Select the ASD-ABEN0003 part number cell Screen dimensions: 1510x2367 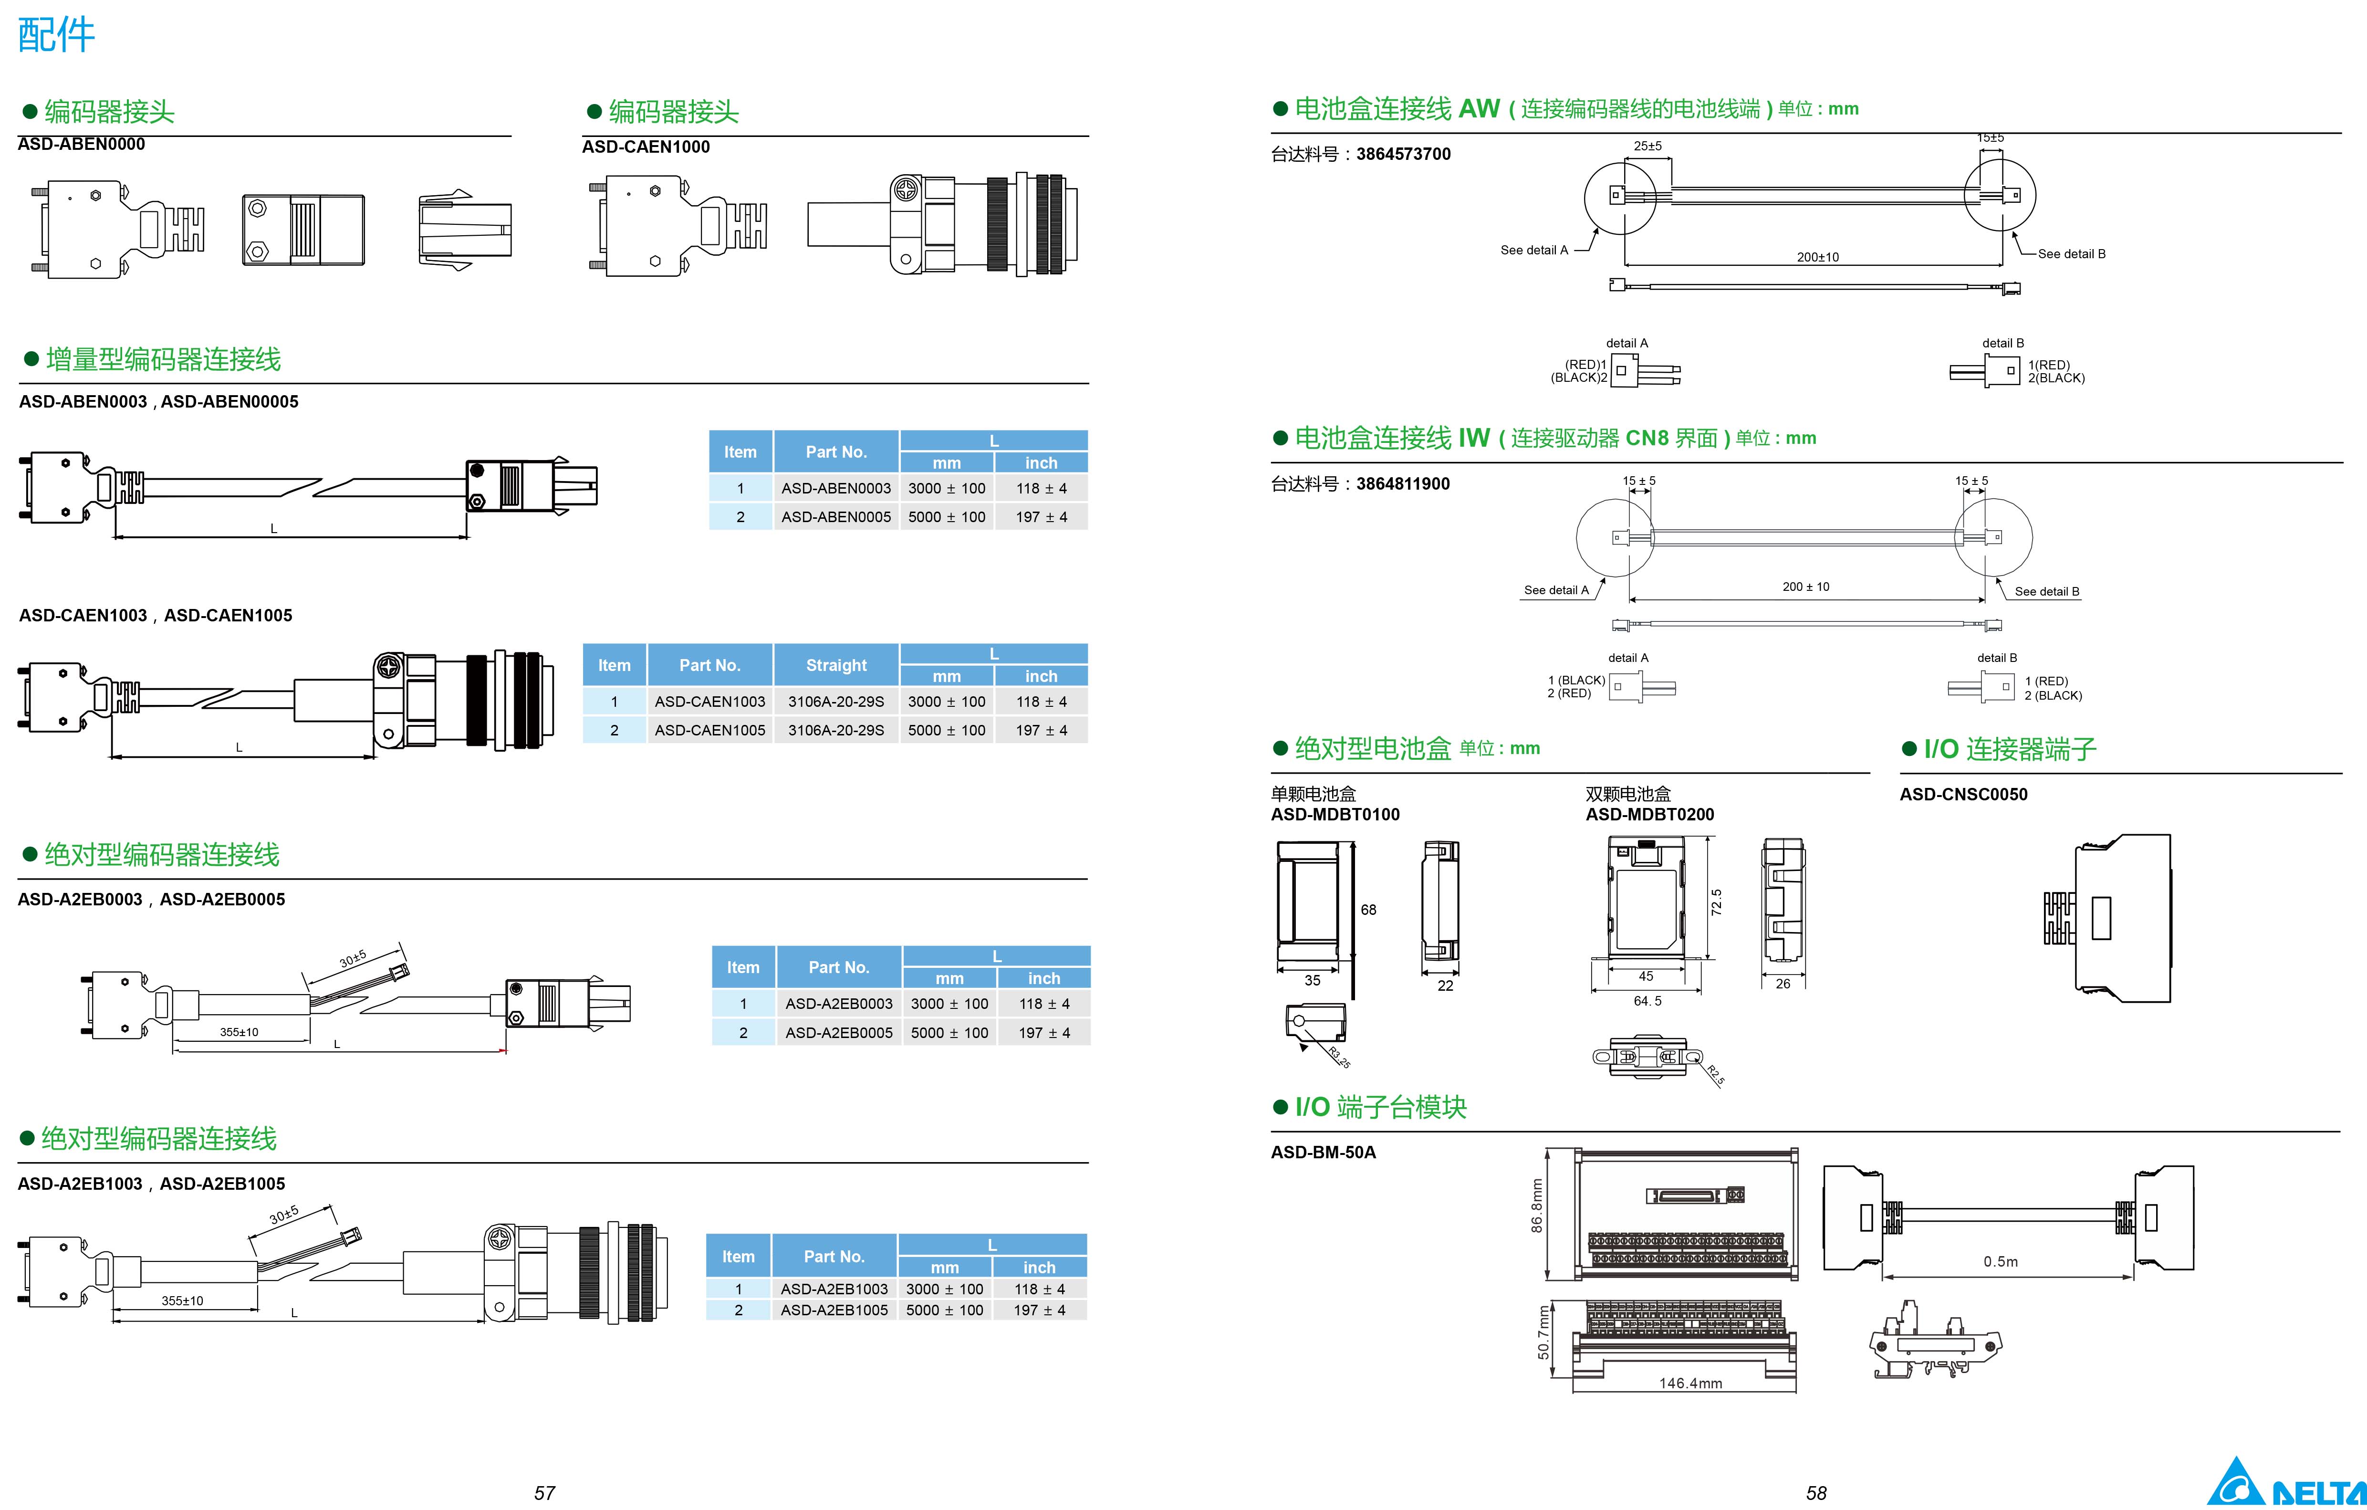tap(835, 489)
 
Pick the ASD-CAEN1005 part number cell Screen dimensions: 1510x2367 tap(709, 731)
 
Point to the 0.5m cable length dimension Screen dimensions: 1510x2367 tap(2001, 1261)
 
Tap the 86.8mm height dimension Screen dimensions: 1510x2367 tap(1536, 1205)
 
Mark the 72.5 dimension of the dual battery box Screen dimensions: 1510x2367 tap(1716, 902)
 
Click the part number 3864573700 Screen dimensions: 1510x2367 tap(1403, 154)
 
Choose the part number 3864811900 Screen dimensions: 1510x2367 tap(1403, 483)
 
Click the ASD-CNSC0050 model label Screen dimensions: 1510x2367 tap(1963, 794)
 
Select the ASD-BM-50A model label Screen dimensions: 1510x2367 tap(1323, 1152)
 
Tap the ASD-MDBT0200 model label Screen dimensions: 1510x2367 tap(1649, 814)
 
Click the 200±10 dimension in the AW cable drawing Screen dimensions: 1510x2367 tap(1817, 258)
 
